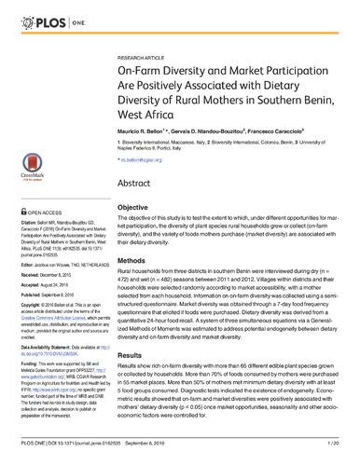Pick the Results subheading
click(133, 354)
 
